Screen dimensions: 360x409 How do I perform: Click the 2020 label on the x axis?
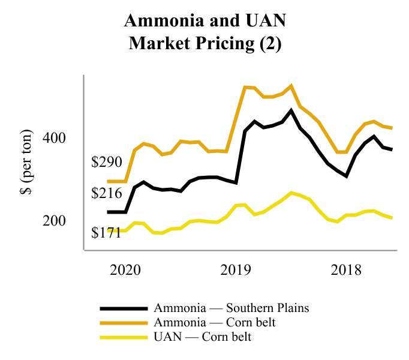(x=125, y=269)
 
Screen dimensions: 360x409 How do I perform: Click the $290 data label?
(x=106, y=162)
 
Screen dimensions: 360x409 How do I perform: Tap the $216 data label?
(x=106, y=193)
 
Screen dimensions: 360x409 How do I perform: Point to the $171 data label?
(x=106, y=232)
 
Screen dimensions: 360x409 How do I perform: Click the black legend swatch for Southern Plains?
(x=124, y=308)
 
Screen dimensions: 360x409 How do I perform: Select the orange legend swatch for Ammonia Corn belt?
(x=124, y=323)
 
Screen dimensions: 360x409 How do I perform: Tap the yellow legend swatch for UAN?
(x=124, y=337)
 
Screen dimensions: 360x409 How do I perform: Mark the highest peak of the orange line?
(x=291, y=86)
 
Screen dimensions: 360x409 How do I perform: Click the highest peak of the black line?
(x=291, y=110)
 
